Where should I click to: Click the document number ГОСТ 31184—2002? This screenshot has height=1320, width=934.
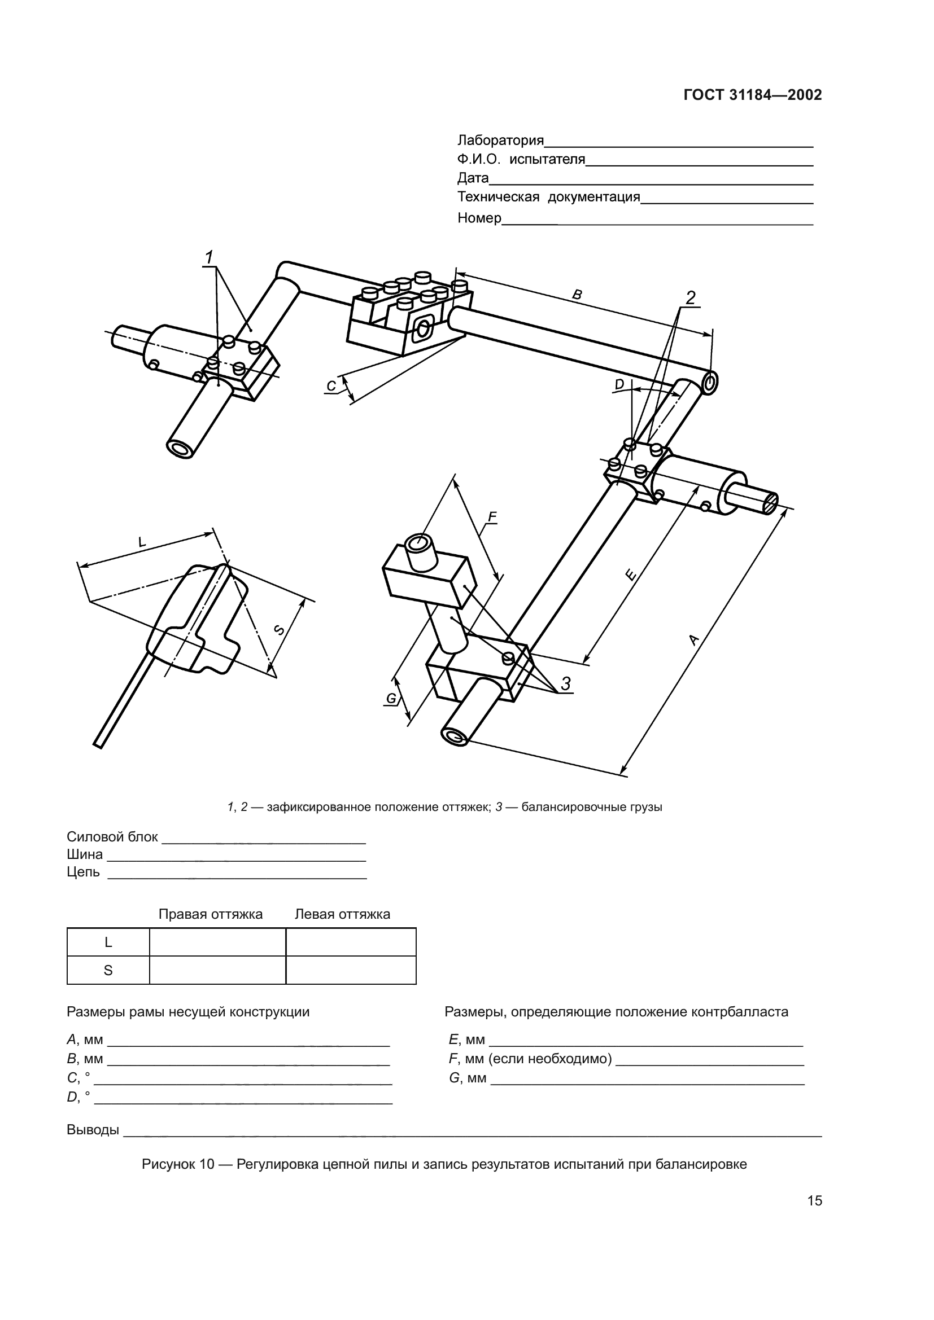(753, 95)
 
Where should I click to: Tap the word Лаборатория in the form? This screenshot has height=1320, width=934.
(500, 141)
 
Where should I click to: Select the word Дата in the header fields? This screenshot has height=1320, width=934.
(473, 178)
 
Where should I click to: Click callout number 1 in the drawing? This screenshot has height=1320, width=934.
(210, 257)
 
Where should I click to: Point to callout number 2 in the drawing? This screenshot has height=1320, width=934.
(690, 297)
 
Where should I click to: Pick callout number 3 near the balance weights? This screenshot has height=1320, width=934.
(566, 683)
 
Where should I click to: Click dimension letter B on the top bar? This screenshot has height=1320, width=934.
(578, 295)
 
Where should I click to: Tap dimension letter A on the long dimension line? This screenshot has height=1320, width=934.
(693, 639)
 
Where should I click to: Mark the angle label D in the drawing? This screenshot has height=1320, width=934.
(619, 384)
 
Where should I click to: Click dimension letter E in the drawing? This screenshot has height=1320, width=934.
(630, 574)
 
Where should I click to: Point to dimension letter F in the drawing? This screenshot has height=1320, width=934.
(492, 517)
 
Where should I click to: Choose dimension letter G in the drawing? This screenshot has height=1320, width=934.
(391, 699)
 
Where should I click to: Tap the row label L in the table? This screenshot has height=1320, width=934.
(108, 942)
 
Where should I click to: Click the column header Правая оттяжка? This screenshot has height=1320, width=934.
(211, 914)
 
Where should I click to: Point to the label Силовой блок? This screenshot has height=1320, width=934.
(112, 837)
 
